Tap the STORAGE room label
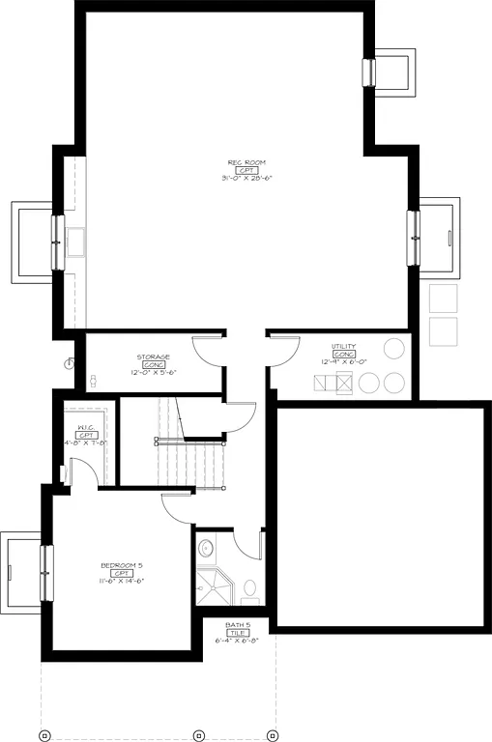(154, 357)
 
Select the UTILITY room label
(344, 346)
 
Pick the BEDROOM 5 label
(122, 564)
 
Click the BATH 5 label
(238, 624)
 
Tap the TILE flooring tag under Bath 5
(238, 632)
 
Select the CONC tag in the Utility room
(344, 355)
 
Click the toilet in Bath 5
(249, 587)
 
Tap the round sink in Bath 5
(205, 549)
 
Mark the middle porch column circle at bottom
(198, 735)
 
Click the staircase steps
(193, 464)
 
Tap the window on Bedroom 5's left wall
(45, 572)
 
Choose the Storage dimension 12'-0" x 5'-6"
(154, 372)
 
